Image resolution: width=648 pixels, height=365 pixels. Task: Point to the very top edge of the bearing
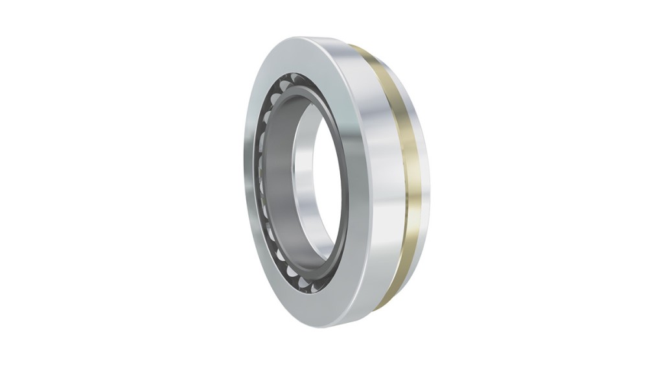tap(305, 37)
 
